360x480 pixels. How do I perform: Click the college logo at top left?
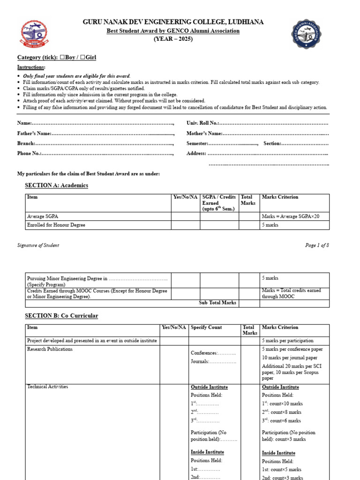click(x=33, y=35)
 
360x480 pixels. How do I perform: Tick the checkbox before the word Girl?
click(x=82, y=58)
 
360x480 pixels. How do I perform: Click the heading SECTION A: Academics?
click(x=56, y=186)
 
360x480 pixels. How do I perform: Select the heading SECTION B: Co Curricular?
click(x=61, y=316)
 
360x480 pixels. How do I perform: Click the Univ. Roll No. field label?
click(x=202, y=123)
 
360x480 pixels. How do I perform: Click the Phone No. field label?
click(x=30, y=153)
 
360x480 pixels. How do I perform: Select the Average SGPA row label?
click(x=43, y=217)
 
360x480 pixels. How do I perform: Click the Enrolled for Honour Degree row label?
click(x=56, y=225)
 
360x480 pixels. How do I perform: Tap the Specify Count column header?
click(x=206, y=328)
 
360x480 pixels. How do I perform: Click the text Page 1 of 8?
click(x=317, y=245)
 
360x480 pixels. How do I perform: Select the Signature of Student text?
click(x=38, y=245)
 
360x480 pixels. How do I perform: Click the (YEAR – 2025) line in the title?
click(x=173, y=39)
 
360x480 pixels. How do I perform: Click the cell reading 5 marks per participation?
click(x=287, y=341)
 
